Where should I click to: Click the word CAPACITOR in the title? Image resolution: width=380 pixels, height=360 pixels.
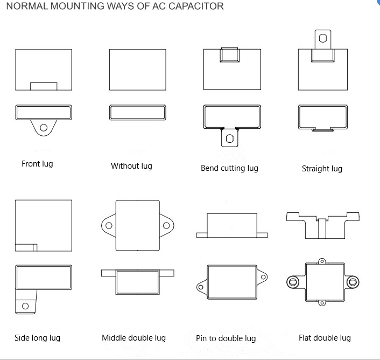click(x=192, y=6)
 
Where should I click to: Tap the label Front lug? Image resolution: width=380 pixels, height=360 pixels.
click(x=37, y=164)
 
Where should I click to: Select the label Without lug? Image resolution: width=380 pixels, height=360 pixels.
click(x=131, y=166)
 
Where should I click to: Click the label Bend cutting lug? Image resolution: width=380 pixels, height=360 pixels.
click(x=229, y=168)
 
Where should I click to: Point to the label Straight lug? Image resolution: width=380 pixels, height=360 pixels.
click(x=322, y=169)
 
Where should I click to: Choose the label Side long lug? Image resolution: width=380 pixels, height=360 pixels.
click(x=37, y=338)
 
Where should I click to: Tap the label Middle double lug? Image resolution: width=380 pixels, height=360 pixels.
click(x=133, y=338)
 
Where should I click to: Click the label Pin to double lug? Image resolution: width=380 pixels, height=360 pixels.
click(x=226, y=338)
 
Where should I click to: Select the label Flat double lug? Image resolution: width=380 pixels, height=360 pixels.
click(x=325, y=338)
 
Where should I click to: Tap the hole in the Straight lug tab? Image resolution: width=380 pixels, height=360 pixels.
click(x=322, y=38)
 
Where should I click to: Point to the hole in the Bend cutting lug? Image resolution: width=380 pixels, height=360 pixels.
click(x=230, y=138)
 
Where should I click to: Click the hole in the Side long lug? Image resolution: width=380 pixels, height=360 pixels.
click(x=25, y=306)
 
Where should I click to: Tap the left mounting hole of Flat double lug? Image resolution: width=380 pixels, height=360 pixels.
click(x=293, y=281)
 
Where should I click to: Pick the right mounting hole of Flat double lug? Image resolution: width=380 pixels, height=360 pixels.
click(x=353, y=281)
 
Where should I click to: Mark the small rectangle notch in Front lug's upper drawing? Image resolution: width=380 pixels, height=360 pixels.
click(x=43, y=86)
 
